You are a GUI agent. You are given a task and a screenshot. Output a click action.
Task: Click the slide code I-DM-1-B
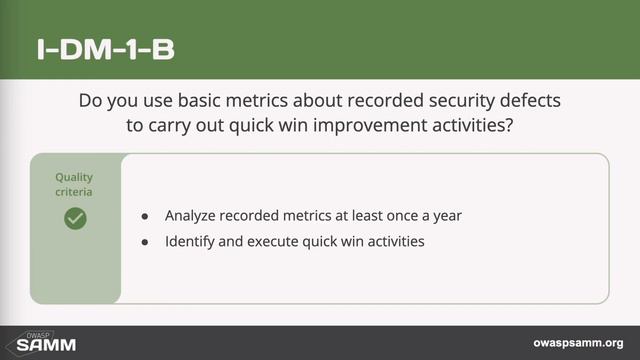tap(105, 50)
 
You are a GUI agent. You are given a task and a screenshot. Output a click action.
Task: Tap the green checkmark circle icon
tap(75, 218)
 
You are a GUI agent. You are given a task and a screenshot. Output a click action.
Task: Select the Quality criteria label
tap(75, 183)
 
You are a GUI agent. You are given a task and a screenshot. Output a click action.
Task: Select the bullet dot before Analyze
tap(145, 216)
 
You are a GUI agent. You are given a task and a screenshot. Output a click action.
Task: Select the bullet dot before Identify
tap(145, 241)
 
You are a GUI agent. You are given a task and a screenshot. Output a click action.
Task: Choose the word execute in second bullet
tap(275, 241)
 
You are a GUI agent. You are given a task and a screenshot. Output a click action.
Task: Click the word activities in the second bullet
tap(397, 241)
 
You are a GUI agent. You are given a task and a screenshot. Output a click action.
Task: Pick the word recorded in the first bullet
tap(255, 216)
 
